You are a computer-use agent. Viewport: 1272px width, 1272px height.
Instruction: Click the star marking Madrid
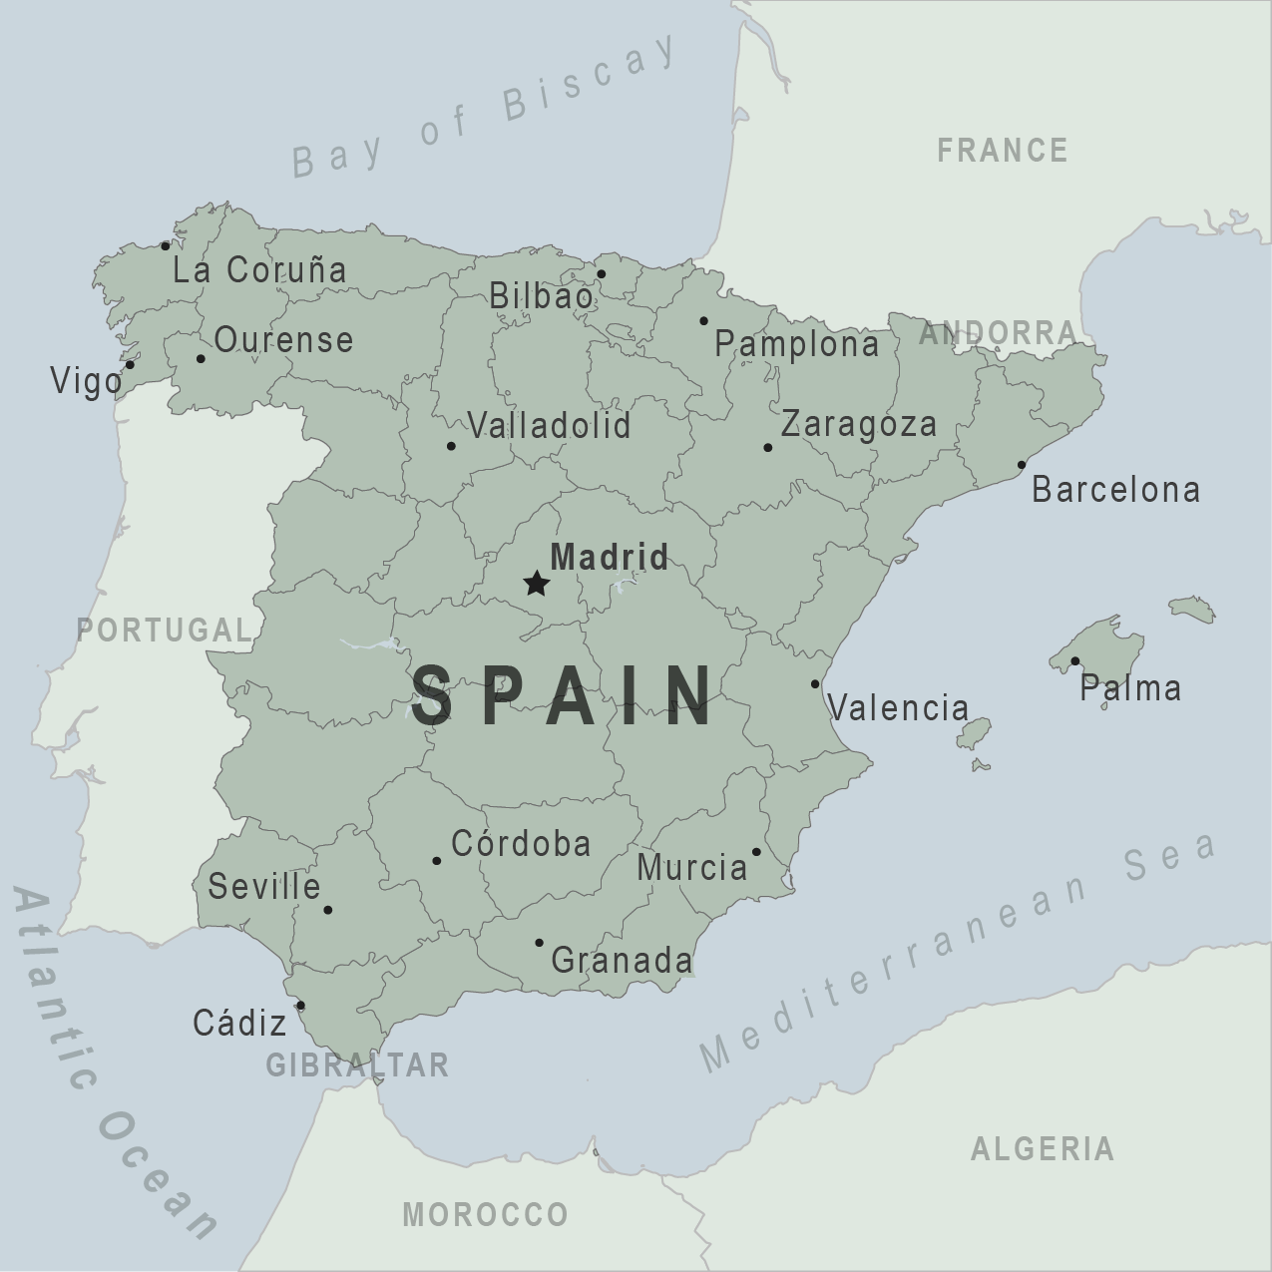[537, 584]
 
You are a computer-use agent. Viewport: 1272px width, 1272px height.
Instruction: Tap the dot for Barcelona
[1021, 465]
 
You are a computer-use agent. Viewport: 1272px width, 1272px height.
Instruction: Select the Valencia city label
[898, 708]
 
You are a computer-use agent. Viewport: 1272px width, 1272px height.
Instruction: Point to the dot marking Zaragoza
[767, 447]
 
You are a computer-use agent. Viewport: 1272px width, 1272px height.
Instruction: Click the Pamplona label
[797, 345]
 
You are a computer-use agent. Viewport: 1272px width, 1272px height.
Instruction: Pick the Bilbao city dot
[601, 273]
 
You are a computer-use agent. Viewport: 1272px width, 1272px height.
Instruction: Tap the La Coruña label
[259, 269]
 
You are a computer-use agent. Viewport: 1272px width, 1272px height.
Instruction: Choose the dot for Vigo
[130, 365]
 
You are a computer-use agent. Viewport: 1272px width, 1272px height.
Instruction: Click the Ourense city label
[283, 340]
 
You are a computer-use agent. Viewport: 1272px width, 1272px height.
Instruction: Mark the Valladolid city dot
[451, 446]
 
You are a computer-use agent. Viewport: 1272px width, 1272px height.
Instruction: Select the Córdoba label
[521, 844]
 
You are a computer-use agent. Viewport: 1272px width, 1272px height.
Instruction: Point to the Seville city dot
[327, 910]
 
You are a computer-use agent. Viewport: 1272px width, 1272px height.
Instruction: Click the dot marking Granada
[539, 943]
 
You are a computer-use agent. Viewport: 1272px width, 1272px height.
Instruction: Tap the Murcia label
[691, 868]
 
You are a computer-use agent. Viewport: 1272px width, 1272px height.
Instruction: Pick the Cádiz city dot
[300, 1006]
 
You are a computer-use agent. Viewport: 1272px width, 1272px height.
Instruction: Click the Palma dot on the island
[1074, 660]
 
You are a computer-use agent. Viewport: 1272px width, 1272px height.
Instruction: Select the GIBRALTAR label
[357, 1065]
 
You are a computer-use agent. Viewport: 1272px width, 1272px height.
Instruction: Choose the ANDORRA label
[998, 333]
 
